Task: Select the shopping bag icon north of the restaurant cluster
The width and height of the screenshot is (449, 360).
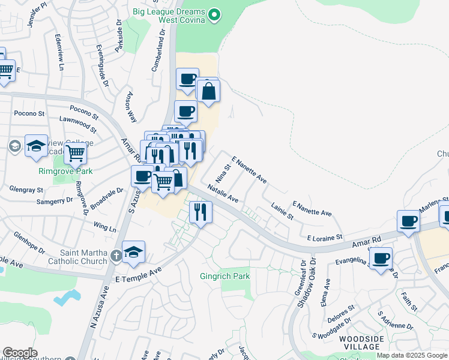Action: pyautogui.click(x=208, y=92)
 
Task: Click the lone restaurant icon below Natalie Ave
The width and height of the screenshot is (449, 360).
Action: pyautogui.click(x=200, y=212)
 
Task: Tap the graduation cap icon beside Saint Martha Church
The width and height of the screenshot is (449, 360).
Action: pyautogui.click(x=133, y=252)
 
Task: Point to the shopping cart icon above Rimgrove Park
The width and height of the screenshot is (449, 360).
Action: pyautogui.click(x=75, y=153)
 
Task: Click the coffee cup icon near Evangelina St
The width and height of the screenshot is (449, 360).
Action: pyautogui.click(x=381, y=259)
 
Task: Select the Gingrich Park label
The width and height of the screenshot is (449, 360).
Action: pyautogui.click(x=224, y=277)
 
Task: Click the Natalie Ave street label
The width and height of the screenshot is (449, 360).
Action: pyautogui.click(x=223, y=193)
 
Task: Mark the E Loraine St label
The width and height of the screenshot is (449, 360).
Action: pyautogui.click(x=324, y=237)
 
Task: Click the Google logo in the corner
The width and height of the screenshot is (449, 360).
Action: pyautogui.click(x=20, y=353)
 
